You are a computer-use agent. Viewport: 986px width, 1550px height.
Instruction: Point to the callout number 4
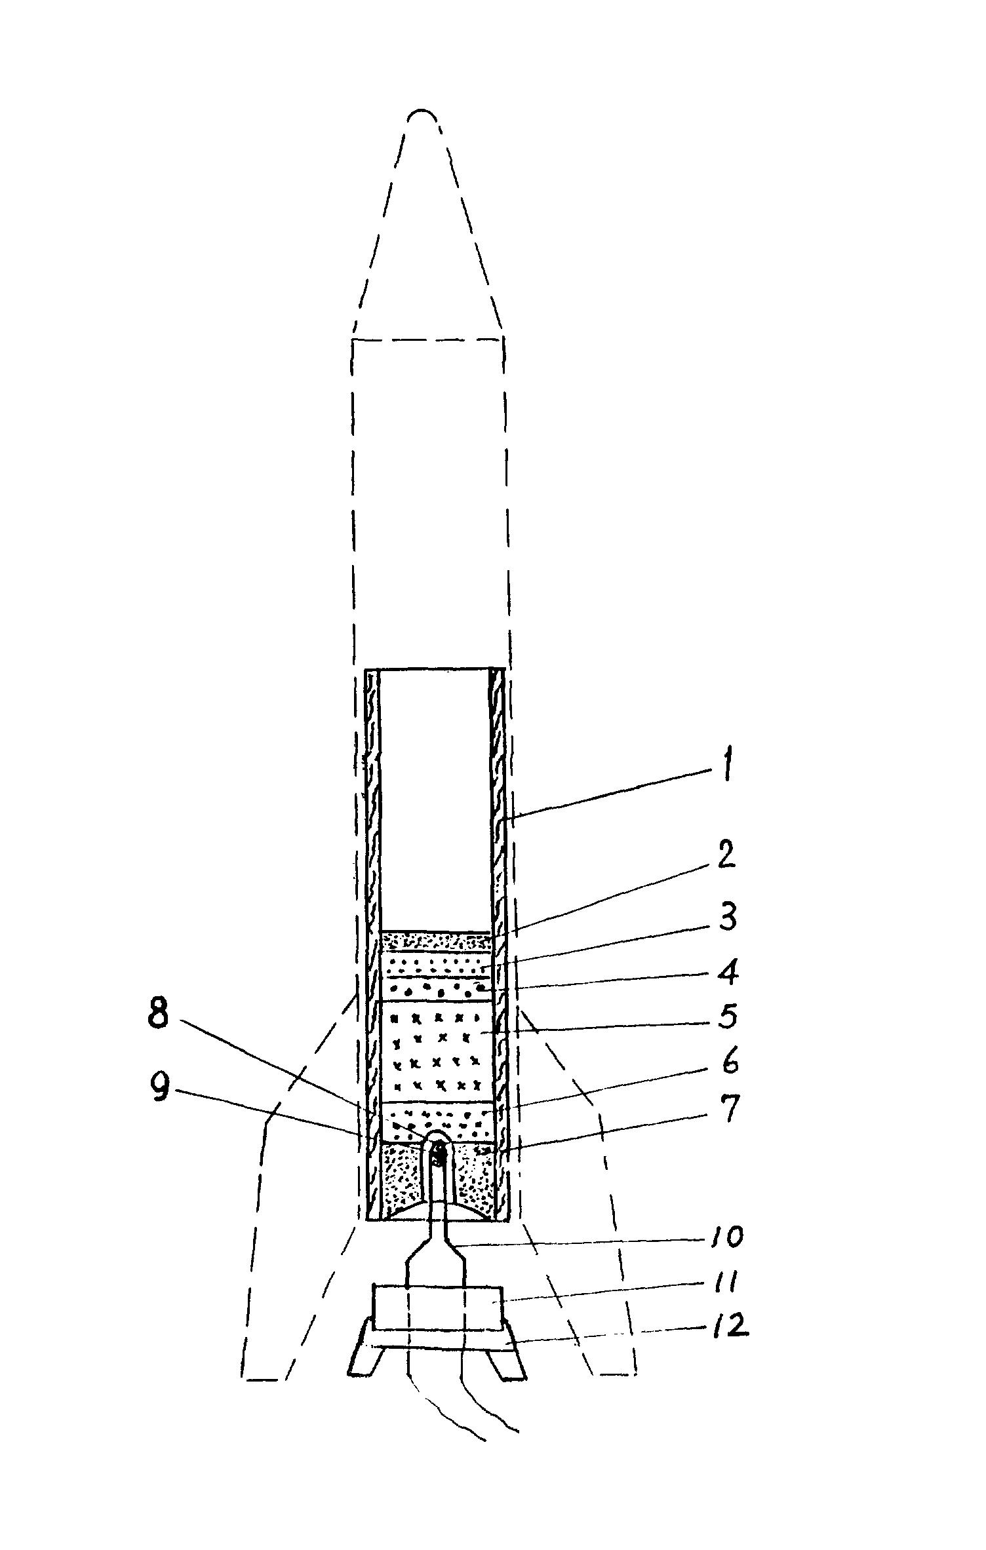727,972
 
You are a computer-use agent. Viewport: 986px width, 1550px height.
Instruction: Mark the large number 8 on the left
158,1016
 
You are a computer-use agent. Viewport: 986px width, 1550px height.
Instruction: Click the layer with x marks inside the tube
436,1051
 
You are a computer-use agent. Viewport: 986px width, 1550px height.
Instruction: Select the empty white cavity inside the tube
435,800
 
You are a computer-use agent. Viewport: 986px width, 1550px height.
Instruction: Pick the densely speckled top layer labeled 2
435,941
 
